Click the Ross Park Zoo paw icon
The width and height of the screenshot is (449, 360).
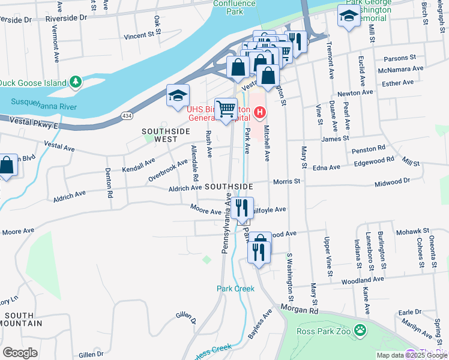[360, 330]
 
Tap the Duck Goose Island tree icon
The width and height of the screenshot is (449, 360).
[76, 82]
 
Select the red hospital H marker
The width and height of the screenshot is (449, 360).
[260, 112]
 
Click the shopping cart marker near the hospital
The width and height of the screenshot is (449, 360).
[226, 110]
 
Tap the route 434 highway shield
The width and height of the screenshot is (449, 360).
[127, 115]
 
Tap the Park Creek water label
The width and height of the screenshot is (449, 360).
[235, 289]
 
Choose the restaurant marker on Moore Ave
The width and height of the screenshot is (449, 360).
[242, 209]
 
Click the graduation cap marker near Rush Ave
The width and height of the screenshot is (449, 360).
[178, 96]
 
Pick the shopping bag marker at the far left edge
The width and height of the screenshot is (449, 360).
[6, 166]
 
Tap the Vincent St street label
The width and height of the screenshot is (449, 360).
[139, 36]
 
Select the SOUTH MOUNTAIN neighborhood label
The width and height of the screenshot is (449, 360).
[20, 319]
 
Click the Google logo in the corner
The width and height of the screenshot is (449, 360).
[20, 352]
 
